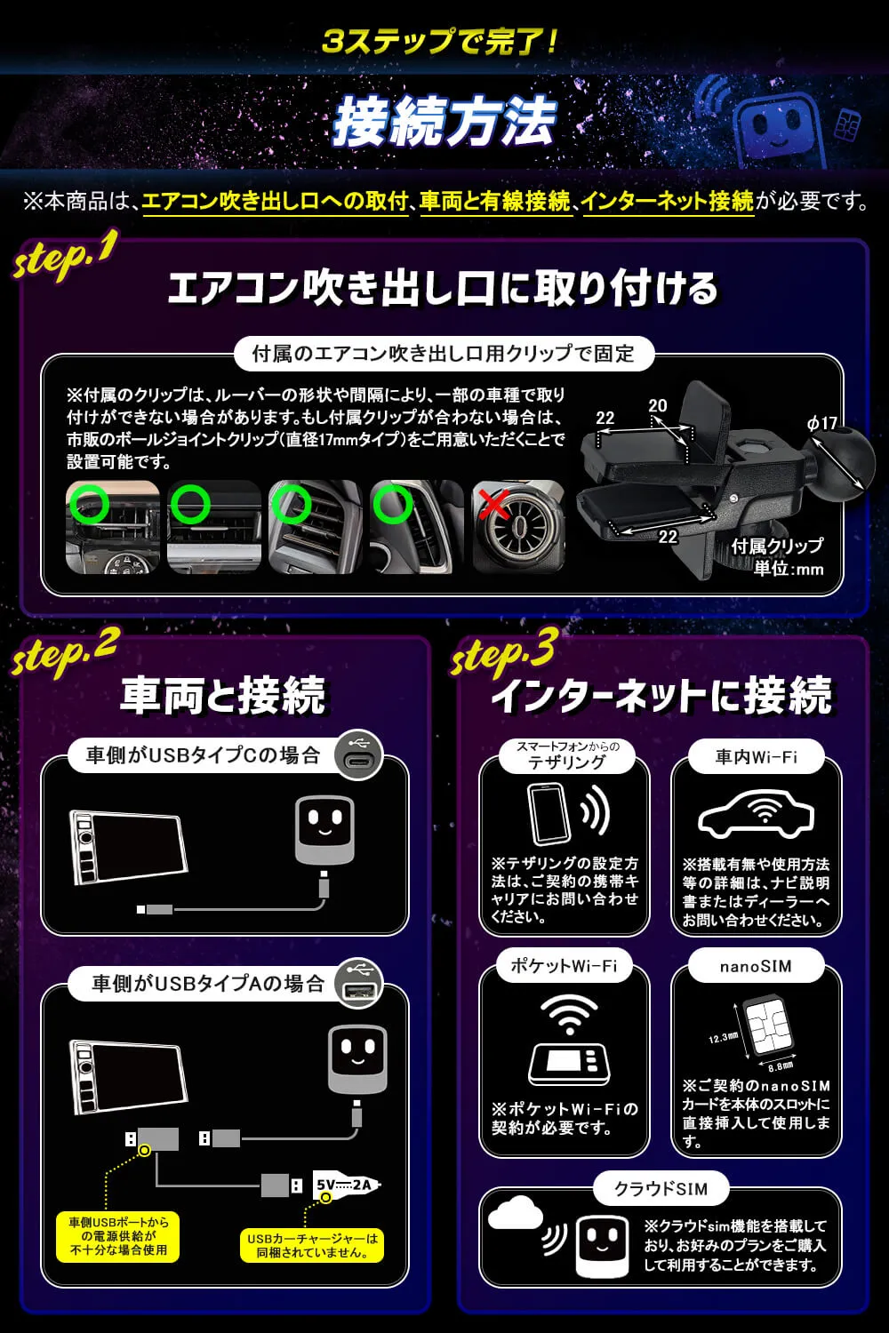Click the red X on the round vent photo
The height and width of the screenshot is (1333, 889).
tap(493, 506)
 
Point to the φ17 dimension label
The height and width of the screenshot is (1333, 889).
tap(822, 423)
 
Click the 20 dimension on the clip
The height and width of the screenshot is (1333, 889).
tap(657, 406)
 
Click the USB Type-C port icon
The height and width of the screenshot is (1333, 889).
tap(358, 755)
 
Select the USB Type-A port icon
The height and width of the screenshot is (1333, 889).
tap(358, 984)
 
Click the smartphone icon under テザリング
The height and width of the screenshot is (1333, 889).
tap(546, 813)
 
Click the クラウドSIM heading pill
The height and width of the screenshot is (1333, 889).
tap(661, 1188)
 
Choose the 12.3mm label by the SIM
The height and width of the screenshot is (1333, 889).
tap(723, 1037)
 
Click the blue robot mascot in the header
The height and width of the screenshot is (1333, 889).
tap(779, 124)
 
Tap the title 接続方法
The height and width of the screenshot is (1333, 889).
tap(444, 123)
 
